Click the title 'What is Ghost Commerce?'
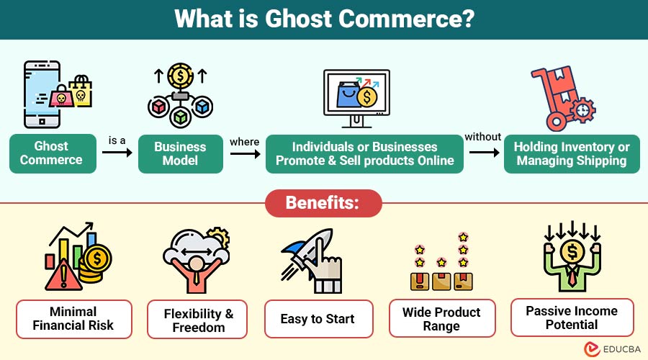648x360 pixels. [x=325, y=19]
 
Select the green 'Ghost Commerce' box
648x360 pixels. [x=53, y=153]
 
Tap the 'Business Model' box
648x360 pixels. [x=180, y=154]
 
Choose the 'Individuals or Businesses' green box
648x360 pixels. [x=364, y=154]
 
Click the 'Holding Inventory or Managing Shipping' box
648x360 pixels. [x=572, y=154]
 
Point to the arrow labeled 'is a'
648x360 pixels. [x=117, y=153]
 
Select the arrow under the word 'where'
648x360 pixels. [x=246, y=154]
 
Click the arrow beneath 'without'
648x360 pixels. [x=485, y=153]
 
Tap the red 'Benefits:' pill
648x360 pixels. [x=323, y=203]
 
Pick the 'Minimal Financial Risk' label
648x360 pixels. [x=74, y=319]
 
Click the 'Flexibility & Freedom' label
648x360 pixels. [x=197, y=319]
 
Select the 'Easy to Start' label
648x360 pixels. [x=319, y=319]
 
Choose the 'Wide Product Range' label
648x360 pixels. [x=442, y=318]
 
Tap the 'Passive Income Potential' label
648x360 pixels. [x=572, y=318]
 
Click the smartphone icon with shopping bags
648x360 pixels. [x=58, y=94]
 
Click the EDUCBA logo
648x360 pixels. [x=613, y=349]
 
